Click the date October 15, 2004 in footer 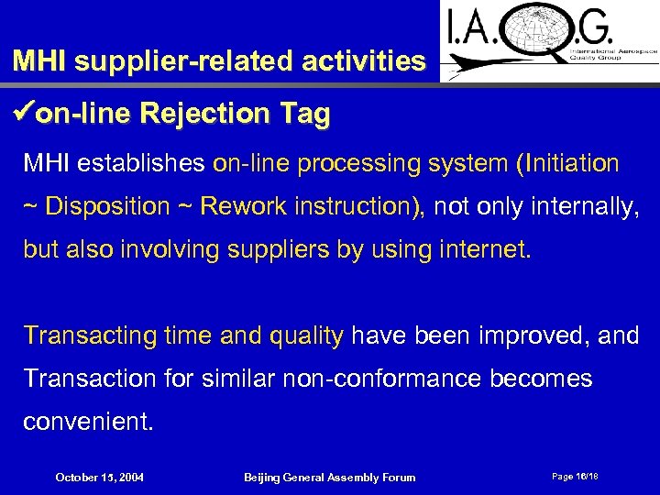click(x=99, y=477)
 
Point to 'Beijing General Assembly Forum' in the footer click(x=329, y=477)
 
